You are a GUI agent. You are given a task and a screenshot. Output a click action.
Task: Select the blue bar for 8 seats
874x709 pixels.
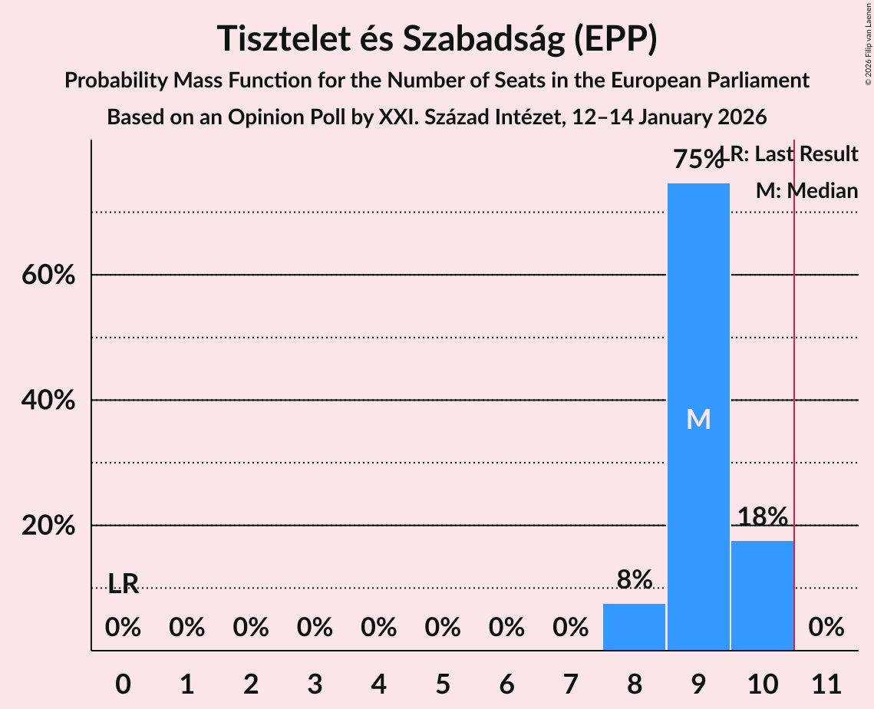[634, 627]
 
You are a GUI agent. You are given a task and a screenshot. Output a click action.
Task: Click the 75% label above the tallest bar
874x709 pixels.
[697, 160]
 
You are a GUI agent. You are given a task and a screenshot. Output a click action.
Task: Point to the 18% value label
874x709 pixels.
[762, 516]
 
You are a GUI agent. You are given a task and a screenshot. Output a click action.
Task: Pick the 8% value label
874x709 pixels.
[634, 579]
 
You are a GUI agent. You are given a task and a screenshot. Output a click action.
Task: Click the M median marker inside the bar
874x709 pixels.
[698, 419]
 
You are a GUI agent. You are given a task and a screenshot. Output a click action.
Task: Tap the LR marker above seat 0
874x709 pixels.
[123, 584]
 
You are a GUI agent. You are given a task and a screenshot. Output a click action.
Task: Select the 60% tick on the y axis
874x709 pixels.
[48, 275]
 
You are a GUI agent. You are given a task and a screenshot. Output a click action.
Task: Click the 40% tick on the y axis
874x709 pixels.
[48, 401]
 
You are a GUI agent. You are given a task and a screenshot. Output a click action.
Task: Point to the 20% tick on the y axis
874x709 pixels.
[48, 526]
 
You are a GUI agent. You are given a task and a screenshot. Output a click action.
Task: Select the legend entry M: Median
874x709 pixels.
[806, 191]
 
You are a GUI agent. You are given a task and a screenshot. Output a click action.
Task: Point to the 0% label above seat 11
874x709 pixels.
[826, 628]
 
